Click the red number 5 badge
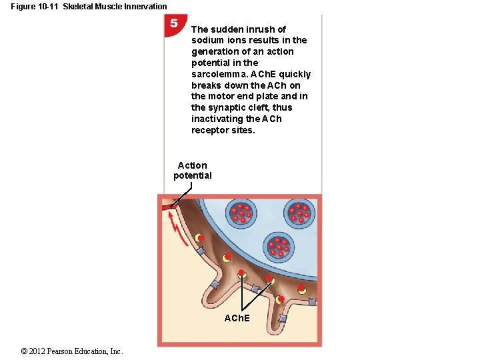click(173, 24)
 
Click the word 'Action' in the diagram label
click(193, 165)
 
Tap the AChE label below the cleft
click(237, 318)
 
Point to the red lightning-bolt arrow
click(177, 227)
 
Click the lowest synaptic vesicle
click(277, 247)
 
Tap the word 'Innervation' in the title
click(144, 7)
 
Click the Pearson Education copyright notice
click(72, 351)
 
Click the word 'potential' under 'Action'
click(193, 176)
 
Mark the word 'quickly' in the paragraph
click(294, 74)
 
